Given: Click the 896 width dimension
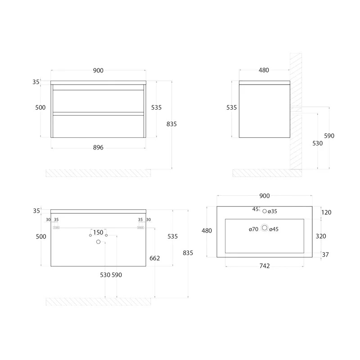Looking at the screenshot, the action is tap(98, 148).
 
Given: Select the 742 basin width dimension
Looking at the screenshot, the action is tap(265, 266).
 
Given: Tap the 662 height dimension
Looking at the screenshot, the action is tap(154, 258).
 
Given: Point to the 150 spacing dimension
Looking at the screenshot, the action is tap(98, 232).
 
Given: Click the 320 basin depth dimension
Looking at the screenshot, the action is tap(321, 236).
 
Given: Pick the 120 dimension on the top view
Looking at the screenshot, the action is tap(326, 212).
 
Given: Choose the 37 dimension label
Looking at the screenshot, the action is tap(325, 255).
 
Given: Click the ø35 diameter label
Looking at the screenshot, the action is tap(272, 211).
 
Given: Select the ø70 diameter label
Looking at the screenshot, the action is tap(253, 229).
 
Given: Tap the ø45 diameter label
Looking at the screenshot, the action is tap(274, 229).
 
